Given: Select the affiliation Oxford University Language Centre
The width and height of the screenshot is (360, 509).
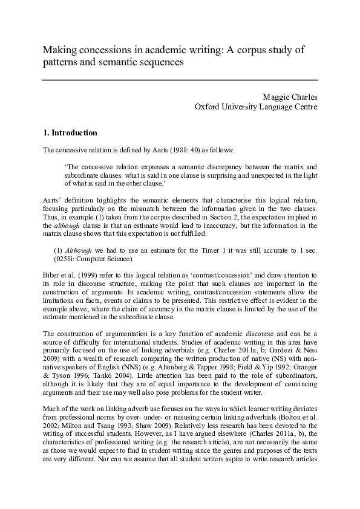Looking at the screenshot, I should (256, 107).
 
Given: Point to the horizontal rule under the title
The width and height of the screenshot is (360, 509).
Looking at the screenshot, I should (180, 80).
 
